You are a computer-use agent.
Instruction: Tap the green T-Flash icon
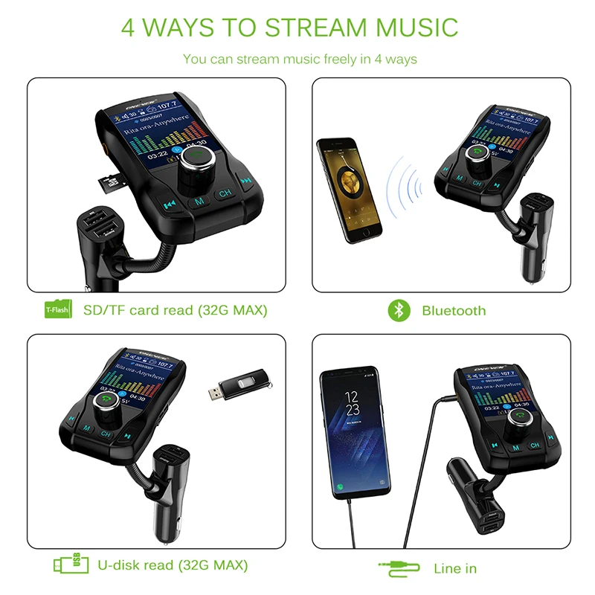[x=57, y=309]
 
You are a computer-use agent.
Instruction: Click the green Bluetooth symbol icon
[x=399, y=310]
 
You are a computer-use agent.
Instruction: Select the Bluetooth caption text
[x=454, y=311]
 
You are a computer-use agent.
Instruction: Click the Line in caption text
[x=455, y=568]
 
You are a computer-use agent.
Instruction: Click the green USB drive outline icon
[x=65, y=565]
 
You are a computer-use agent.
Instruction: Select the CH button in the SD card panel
[x=224, y=195]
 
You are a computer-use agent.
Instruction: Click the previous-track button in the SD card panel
[x=170, y=204]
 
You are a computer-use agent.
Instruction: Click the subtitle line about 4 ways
[x=300, y=59]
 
